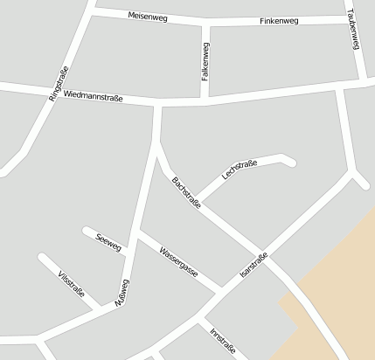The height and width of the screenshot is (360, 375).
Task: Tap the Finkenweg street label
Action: pyautogui.click(x=278, y=20)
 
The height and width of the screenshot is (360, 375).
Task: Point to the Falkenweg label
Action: pyautogui.click(x=205, y=63)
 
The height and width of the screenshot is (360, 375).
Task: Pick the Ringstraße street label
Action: pyautogui.click(x=59, y=86)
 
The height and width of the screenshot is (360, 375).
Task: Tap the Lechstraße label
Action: pyautogui.click(x=240, y=170)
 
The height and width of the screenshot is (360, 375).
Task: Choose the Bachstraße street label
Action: pyautogui.click(x=186, y=193)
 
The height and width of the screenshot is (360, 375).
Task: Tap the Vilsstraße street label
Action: pyautogui.click(x=72, y=286)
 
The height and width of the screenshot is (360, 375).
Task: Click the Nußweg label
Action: pyautogui.click(x=122, y=294)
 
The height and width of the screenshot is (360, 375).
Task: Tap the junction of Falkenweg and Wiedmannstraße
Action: pyautogui.click(x=205, y=100)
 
